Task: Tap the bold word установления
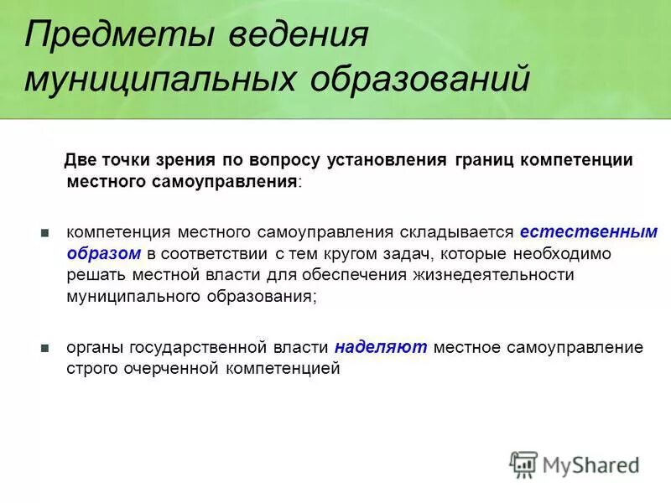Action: point(380,160)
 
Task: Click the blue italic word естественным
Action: point(587,232)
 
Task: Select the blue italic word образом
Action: point(102,252)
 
